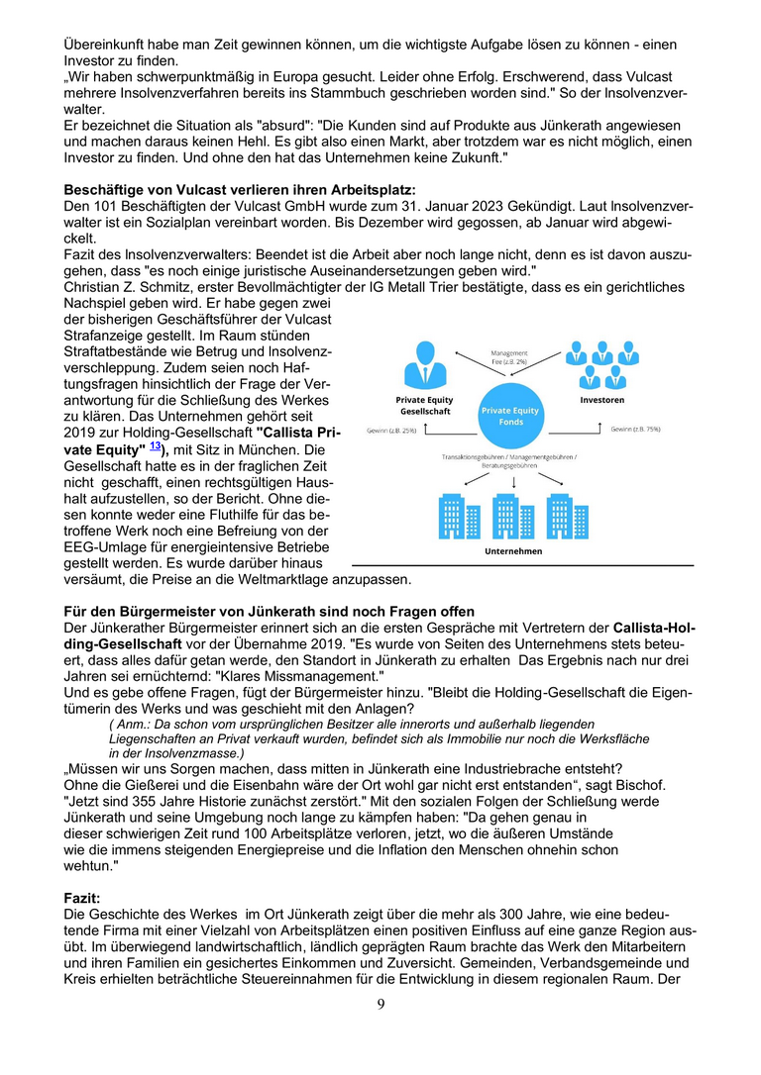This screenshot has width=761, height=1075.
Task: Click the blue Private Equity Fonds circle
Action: pos(510,416)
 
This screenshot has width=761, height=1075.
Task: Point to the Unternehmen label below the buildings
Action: pos(512,551)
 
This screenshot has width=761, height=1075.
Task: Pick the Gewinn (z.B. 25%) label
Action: pos(390,432)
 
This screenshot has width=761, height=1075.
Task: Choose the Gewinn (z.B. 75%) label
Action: pos(636,430)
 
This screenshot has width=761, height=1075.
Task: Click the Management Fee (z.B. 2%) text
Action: pos(509,358)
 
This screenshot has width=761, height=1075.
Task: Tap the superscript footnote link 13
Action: pos(155,446)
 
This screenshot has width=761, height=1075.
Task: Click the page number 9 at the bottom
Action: pos(380,1006)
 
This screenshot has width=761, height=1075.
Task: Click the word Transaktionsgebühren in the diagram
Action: pos(475,457)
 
